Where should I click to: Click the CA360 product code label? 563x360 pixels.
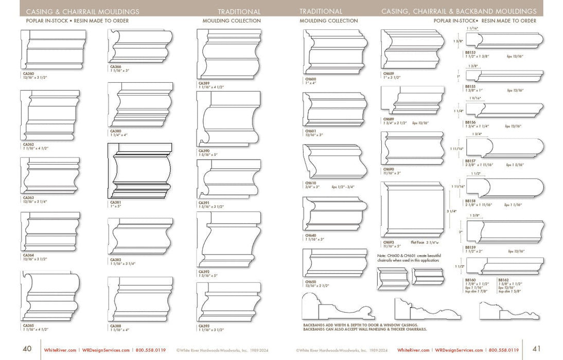pyautogui.click(x=28, y=74)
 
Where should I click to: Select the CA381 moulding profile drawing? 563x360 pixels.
pyautogui.click(x=140, y=171)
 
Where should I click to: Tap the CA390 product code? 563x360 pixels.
pyautogui.click(x=203, y=151)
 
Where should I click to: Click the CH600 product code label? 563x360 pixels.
pyautogui.click(x=310, y=78)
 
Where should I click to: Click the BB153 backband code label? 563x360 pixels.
pyautogui.click(x=469, y=52)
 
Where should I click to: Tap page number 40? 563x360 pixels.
pyautogui.click(x=27, y=348)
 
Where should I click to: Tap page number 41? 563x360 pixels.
pyautogui.click(x=536, y=348)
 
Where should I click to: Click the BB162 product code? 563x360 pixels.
pyautogui.click(x=503, y=280)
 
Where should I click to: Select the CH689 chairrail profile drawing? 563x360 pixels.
pyautogui.click(x=412, y=101)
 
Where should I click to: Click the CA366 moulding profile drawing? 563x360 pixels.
pyautogui.click(x=140, y=46)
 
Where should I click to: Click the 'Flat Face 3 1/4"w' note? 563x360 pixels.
pyautogui.click(x=425, y=242)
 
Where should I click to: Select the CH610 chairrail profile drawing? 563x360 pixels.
pyautogui.click(x=335, y=161)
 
